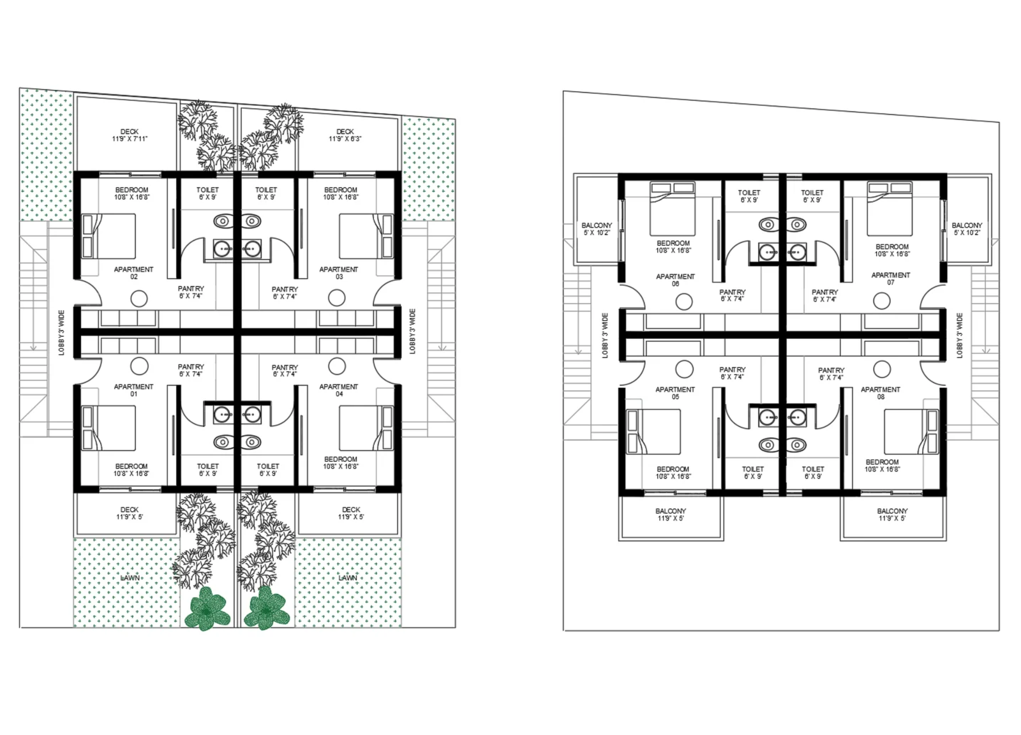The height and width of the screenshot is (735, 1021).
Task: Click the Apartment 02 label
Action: tap(133, 273)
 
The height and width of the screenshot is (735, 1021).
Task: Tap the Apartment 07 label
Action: tap(891, 278)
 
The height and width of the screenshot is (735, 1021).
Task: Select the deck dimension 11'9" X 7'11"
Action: tap(130, 138)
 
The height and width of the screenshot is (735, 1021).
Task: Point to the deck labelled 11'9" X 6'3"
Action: tap(345, 135)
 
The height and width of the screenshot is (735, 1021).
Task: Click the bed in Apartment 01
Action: tap(108, 428)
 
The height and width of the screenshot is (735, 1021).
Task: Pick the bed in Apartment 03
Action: tap(366, 236)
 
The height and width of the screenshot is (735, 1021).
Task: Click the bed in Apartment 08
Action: tap(911, 431)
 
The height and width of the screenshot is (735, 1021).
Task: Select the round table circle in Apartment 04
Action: tap(337, 366)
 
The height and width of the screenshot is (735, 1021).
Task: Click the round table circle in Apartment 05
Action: tap(684, 369)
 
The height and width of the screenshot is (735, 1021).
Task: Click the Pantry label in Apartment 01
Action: tap(191, 371)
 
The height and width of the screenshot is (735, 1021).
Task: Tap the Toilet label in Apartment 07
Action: tap(812, 197)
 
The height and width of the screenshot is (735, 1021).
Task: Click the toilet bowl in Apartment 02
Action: tap(223, 221)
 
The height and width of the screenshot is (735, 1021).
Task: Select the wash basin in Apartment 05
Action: tap(768, 417)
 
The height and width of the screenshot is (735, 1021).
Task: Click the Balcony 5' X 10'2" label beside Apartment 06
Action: tap(597, 229)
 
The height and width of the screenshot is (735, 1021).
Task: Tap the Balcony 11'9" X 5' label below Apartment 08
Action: tap(892, 514)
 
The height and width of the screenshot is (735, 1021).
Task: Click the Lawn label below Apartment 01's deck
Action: tap(130, 578)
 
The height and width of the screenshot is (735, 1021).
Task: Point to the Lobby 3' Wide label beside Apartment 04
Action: tap(412, 331)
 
